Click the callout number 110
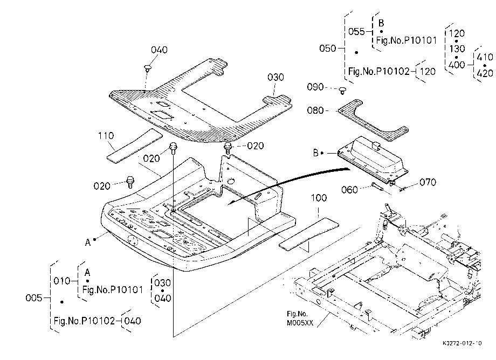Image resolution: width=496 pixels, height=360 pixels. click(x=106, y=136)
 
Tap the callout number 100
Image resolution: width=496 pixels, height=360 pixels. click(x=319, y=198)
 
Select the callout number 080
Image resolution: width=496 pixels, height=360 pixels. click(x=315, y=110)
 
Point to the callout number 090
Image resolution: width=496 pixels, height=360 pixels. click(x=315, y=87)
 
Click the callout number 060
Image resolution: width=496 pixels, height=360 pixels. click(x=349, y=190)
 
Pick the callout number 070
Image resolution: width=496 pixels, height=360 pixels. click(x=428, y=182)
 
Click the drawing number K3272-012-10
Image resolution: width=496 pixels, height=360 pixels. click(x=462, y=343)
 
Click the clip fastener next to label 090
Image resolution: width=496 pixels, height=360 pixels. click(x=342, y=91)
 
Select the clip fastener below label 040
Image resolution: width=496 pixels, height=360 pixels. click(x=147, y=67)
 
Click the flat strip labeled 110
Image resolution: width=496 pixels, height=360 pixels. click(x=134, y=146)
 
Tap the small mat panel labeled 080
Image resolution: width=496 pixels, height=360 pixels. click(x=373, y=120)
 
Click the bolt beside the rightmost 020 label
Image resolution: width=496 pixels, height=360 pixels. click(x=228, y=148)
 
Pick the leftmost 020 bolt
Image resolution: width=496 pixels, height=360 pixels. click(x=130, y=182)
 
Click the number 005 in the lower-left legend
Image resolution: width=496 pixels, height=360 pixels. click(x=33, y=298)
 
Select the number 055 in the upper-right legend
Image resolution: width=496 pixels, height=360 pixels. click(x=356, y=32)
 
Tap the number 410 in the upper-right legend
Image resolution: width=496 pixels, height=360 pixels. click(x=485, y=57)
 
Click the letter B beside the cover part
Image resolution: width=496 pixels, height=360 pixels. click(x=316, y=153)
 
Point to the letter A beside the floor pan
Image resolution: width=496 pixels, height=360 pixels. click(x=88, y=243)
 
